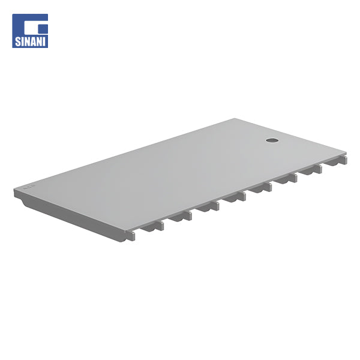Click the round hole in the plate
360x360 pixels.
(272, 140)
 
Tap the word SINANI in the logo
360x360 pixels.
(30, 41)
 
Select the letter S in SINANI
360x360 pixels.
(17, 41)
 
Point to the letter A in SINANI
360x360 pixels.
(32, 41)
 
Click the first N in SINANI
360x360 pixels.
(26, 41)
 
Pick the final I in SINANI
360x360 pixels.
(44, 41)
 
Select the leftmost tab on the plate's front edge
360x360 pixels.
(130, 236)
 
